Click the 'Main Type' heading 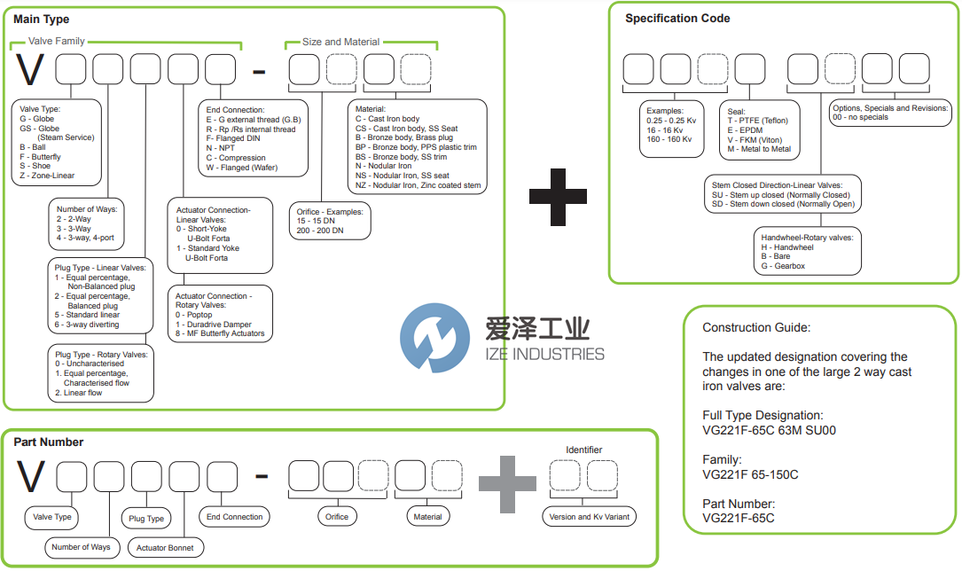pyautogui.click(x=42, y=20)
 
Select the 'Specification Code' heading pyautogui.click(x=677, y=19)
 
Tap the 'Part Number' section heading pyautogui.click(x=49, y=442)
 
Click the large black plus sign pyautogui.click(x=558, y=194)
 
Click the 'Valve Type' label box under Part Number pyautogui.click(x=51, y=517)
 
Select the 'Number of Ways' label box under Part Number pyautogui.click(x=81, y=547)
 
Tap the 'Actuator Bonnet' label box pyautogui.click(x=164, y=548)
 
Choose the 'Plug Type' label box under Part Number pyautogui.click(x=146, y=519)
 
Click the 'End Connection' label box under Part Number pyautogui.click(x=235, y=517)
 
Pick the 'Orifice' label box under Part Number pyautogui.click(x=337, y=517)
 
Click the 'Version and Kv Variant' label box pyautogui.click(x=589, y=517)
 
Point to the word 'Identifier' pyautogui.click(x=583, y=450)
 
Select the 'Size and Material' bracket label pyautogui.click(x=340, y=42)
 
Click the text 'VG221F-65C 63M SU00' pyautogui.click(x=769, y=431)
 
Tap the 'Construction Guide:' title pyautogui.click(x=756, y=328)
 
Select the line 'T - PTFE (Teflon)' pyautogui.click(x=757, y=121)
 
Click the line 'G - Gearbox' pyautogui.click(x=783, y=266)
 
